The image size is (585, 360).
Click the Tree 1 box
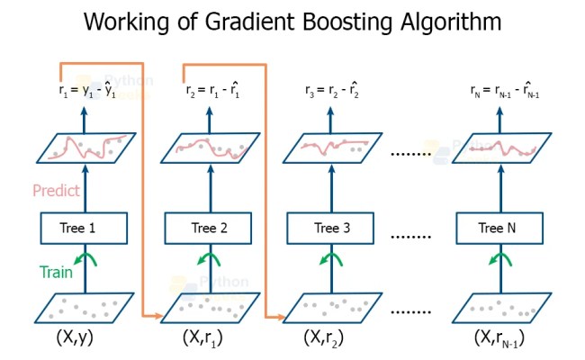point(85,228)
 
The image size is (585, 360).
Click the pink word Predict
point(56,191)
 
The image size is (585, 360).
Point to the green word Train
point(56,270)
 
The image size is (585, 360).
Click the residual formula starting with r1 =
point(86,91)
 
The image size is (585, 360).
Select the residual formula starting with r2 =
point(211,91)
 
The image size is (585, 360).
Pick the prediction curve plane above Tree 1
point(86,148)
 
